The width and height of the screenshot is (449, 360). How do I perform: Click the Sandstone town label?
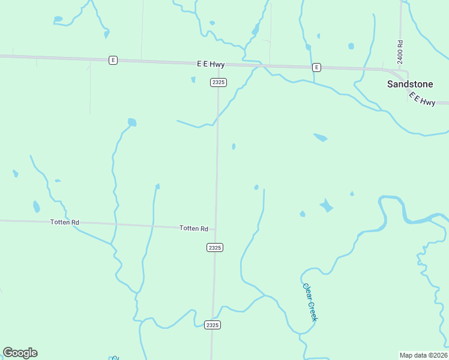point(410,84)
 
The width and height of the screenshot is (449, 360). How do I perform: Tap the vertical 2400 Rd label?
point(400,52)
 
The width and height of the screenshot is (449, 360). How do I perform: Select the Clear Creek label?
point(309,302)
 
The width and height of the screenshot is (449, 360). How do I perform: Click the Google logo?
point(20,353)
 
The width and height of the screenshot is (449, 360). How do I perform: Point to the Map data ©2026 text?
point(423,355)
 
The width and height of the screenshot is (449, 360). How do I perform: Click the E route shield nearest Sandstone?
point(316,67)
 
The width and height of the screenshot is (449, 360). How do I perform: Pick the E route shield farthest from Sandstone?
point(112,60)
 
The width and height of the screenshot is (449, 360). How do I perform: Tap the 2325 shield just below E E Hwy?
point(218,82)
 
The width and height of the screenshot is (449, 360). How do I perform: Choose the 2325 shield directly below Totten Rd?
point(215,247)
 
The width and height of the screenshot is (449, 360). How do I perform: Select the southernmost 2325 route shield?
point(212,325)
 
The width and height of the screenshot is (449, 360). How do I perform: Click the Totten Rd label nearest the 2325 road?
point(194,229)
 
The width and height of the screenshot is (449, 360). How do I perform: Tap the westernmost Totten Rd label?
point(65,223)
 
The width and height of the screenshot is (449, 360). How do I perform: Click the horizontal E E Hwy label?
point(210,64)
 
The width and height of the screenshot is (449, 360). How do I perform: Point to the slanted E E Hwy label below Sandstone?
point(421,99)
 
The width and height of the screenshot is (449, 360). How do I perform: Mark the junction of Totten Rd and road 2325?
point(215,228)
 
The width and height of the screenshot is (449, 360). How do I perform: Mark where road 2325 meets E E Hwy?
point(219,63)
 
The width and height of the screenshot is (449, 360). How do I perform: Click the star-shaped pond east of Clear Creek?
point(326,206)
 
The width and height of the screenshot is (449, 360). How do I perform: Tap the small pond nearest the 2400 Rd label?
point(351,46)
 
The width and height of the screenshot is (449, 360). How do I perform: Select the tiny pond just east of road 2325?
point(234,146)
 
